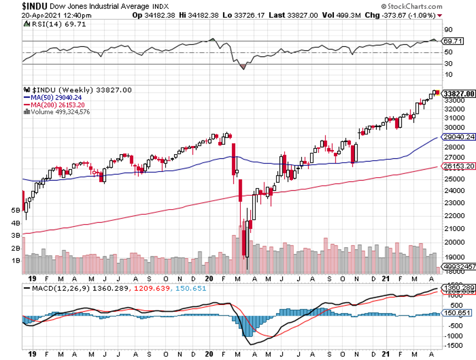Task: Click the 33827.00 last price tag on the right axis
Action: (x=458, y=94)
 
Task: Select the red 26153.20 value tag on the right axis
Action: (x=458, y=166)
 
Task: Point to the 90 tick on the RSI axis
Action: (x=448, y=30)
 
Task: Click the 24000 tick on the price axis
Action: (x=453, y=191)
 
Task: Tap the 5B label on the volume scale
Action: (x=15, y=210)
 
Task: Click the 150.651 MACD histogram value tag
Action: (x=456, y=313)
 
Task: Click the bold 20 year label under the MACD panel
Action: (x=209, y=354)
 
